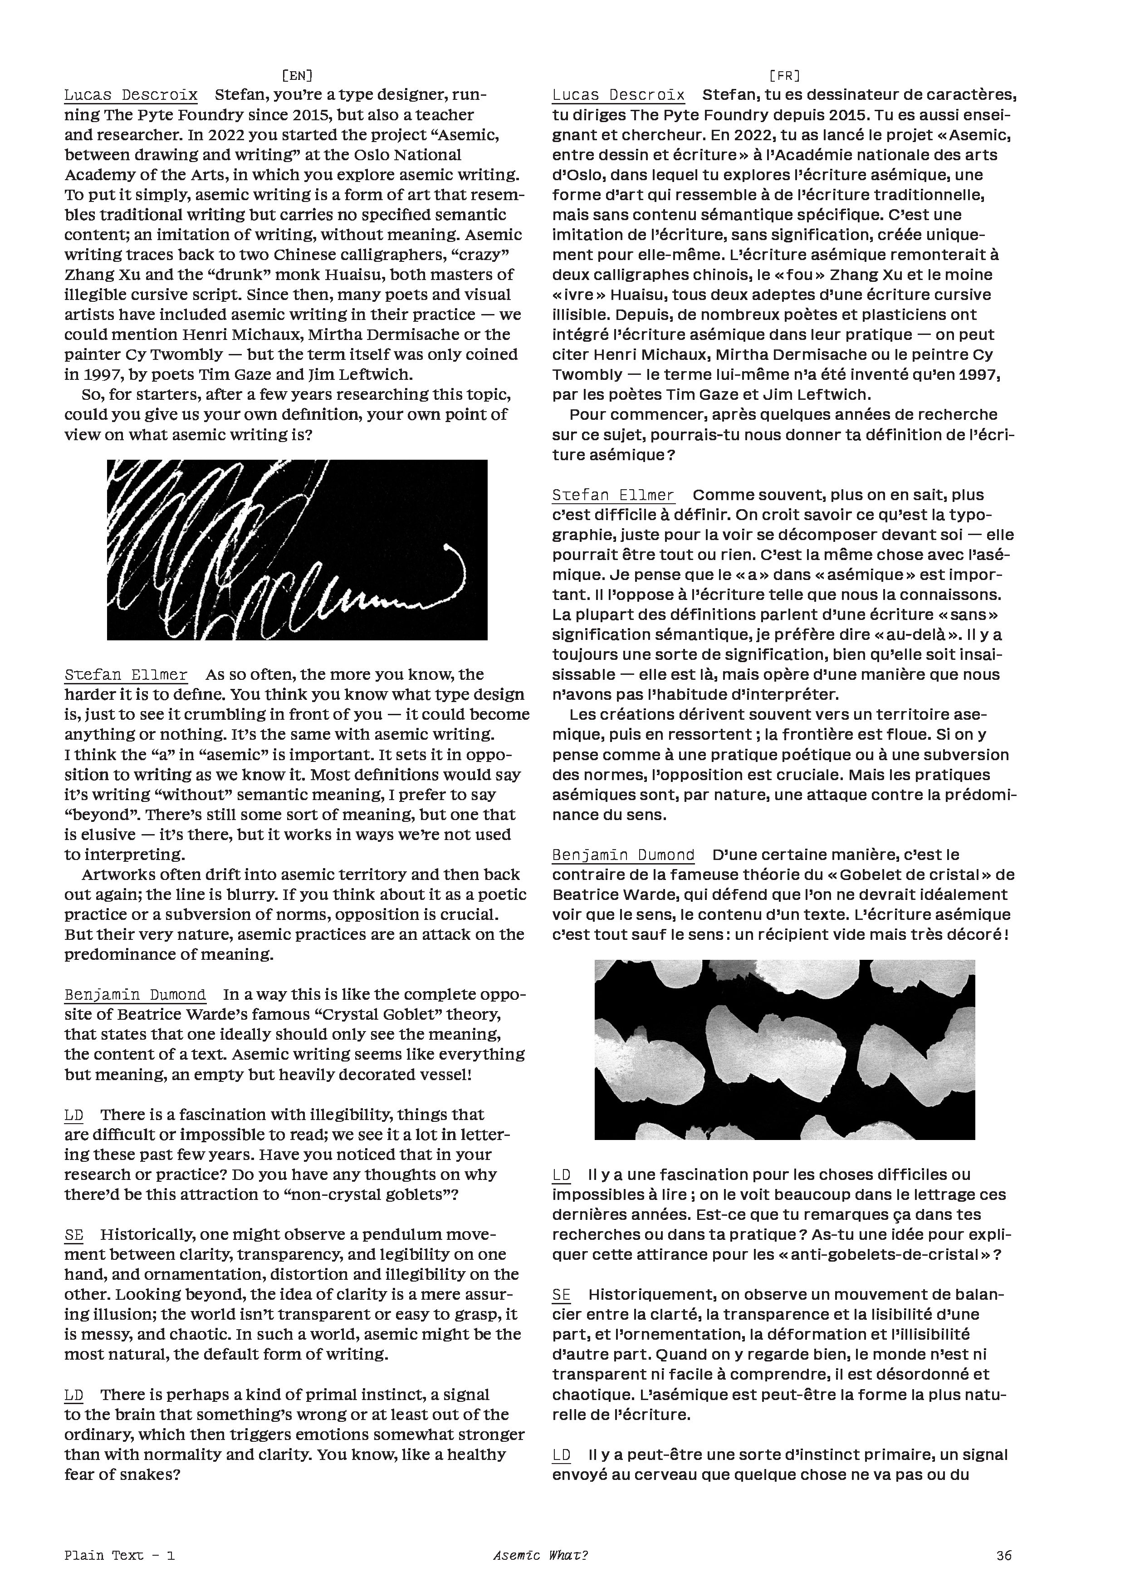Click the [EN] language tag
pyautogui.click(x=298, y=75)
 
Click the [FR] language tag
pyautogui.click(x=785, y=75)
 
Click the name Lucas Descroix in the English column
pyautogui.click(x=131, y=95)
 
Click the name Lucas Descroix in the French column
pyautogui.click(x=618, y=95)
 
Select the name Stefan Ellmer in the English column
pyautogui.click(x=126, y=675)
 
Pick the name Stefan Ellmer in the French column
pyautogui.click(x=613, y=495)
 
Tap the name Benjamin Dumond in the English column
pyautogui.click(x=135, y=995)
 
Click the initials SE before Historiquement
pyautogui.click(x=562, y=1295)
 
